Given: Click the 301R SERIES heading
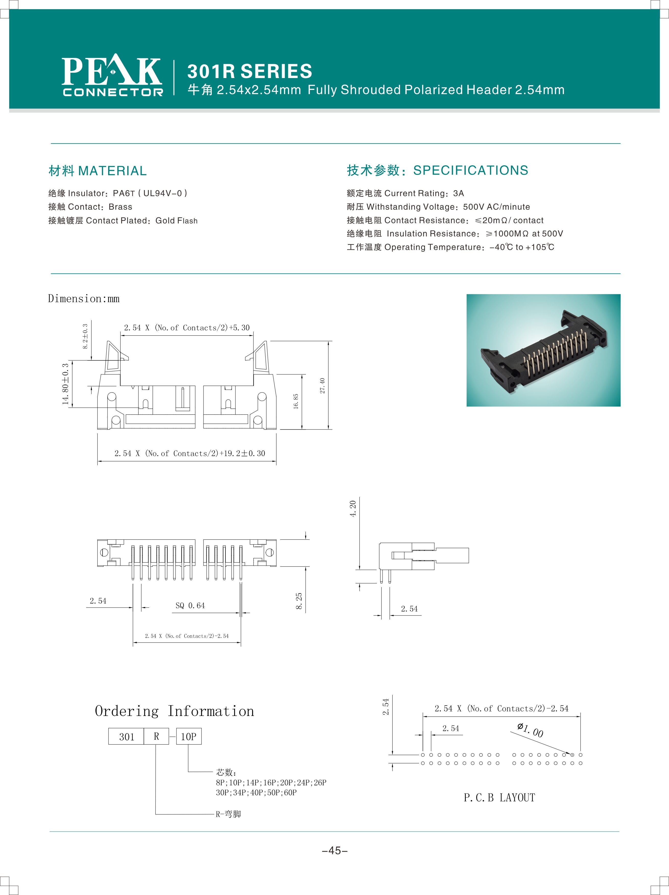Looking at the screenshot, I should coord(249,72).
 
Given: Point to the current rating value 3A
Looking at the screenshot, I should coord(459,193).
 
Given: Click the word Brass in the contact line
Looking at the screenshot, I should coord(120,207).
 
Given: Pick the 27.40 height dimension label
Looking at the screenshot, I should coord(322,386).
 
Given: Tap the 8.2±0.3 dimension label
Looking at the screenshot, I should coord(85,336).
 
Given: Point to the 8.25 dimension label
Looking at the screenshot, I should coord(299,601).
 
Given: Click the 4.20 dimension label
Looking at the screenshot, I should coord(353,509).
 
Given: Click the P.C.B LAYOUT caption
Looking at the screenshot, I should coord(499,798).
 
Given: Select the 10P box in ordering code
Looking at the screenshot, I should coord(188,736).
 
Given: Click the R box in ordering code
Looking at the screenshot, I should coord(156,736).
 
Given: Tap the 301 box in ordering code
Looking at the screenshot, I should coord(126,736).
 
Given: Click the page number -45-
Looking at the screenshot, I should coord(335,851).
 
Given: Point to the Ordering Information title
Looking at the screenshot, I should coord(174,711).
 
